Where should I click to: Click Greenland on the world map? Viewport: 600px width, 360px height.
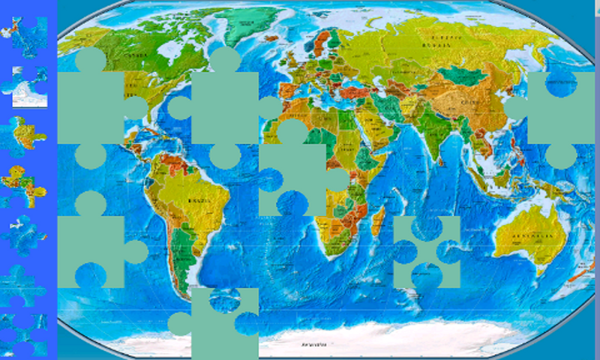(x=251, y=26)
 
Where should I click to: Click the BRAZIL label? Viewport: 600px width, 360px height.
(x=199, y=200)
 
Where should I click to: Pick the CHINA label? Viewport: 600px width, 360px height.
(x=470, y=101)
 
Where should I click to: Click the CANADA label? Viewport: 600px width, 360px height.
(x=135, y=54)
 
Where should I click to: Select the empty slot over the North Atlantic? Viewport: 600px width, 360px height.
(x=224, y=106)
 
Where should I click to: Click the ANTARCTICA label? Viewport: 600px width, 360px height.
(x=315, y=345)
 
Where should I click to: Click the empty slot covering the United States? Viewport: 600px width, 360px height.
(x=91, y=106)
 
